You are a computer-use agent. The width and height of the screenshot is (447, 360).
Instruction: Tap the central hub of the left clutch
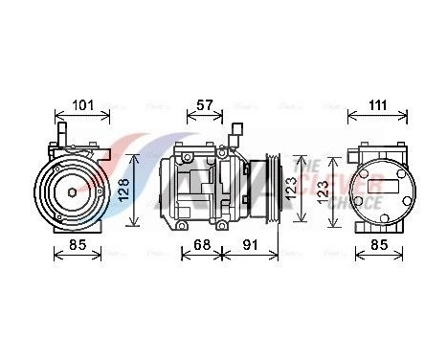[x=73, y=191]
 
